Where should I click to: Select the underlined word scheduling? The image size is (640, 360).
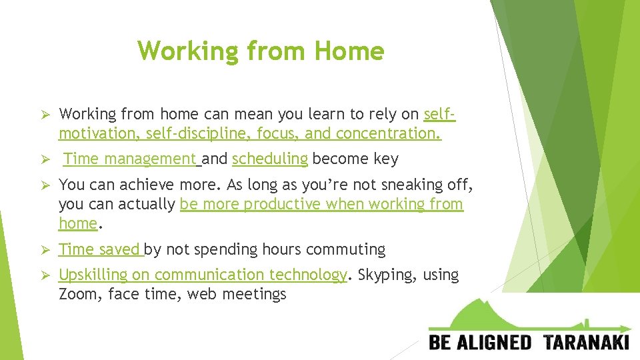point(269,159)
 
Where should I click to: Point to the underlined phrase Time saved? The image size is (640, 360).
point(99,249)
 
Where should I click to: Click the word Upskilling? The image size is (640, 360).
point(93,275)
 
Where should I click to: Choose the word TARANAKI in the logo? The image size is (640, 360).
point(586,343)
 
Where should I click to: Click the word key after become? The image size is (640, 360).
point(386,159)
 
